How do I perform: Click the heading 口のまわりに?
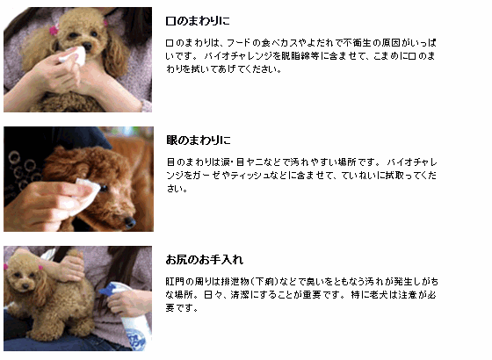(x=198, y=21)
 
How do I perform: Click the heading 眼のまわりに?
(x=199, y=140)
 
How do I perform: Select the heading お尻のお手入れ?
(x=204, y=260)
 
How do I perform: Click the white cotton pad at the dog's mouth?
(x=74, y=56)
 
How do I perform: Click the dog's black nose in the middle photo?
(x=130, y=221)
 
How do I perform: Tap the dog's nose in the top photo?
(x=87, y=47)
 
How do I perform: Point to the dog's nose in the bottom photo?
(x=25, y=286)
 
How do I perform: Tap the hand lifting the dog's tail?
(x=69, y=267)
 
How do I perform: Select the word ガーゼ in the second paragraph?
(x=206, y=176)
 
